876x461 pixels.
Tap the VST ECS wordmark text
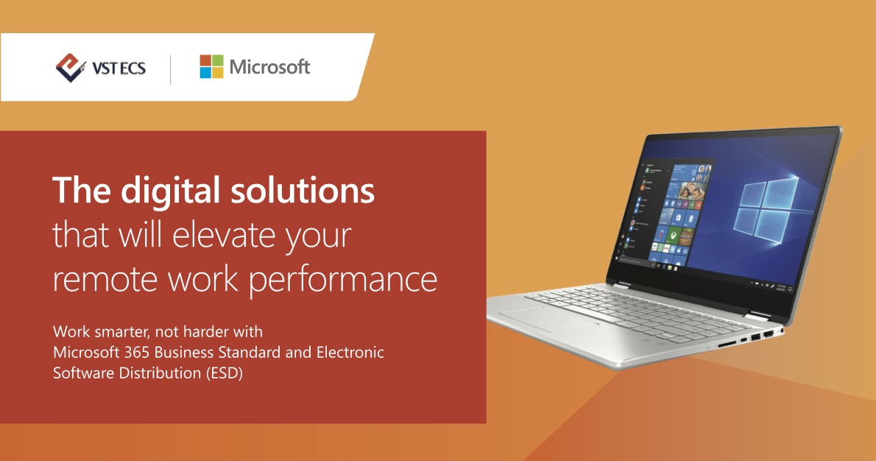(118, 68)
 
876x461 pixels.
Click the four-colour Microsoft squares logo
(211, 67)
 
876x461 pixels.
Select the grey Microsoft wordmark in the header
(269, 67)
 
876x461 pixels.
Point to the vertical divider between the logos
(170, 68)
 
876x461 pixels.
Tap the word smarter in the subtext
(116, 332)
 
